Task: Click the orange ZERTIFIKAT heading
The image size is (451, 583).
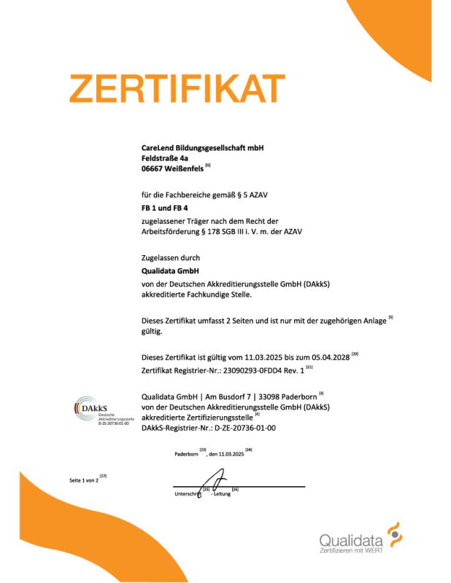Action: tap(175, 90)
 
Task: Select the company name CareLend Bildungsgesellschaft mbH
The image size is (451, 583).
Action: tap(202, 147)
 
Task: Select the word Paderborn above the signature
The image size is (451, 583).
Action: tap(186, 454)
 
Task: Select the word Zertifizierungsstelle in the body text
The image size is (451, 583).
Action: tap(241, 418)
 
